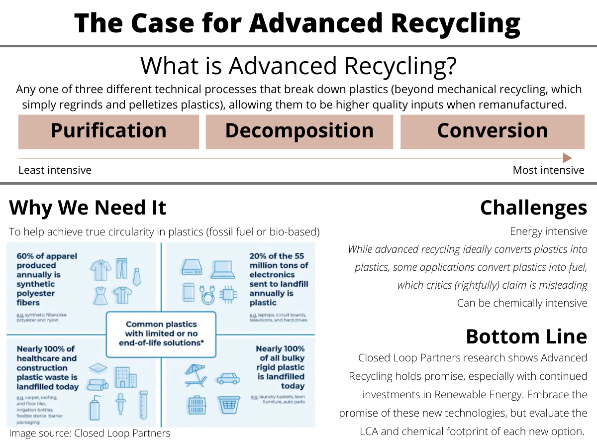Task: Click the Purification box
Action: (x=108, y=131)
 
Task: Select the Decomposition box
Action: (x=299, y=131)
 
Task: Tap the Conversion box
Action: (x=492, y=131)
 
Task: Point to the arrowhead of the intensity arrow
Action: (x=567, y=158)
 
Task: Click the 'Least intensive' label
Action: (x=55, y=170)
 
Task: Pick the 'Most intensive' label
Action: (x=548, y=170)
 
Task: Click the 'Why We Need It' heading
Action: (x=88, y=208)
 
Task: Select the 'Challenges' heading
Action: (x=533, y=208)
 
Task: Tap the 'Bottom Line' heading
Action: (x=526, y=336)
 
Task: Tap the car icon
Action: (x=227, y=378)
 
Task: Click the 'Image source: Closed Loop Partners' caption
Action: (x=90, y=433)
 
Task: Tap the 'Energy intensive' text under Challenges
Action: (x=548, y=231)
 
